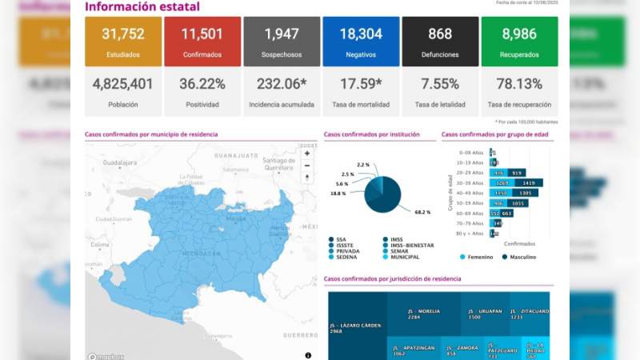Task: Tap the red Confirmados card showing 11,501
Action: tap(202, 41)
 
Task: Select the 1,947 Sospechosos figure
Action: tap(281, 34)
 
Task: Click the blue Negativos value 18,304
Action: tap(361, 34)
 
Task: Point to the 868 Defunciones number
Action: tap(440, 34)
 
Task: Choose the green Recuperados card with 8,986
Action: tap(519, 41)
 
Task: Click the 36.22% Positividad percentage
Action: tap(202, 84)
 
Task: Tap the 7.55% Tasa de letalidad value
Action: tap(440, 84)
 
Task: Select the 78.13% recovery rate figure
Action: tap(519, 84)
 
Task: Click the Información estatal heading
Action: tap(142, 7)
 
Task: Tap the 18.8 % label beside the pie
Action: tap(338, 194)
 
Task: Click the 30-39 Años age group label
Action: tap(470, 182)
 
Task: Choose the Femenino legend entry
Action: tap(478, 257)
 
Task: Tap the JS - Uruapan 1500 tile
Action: tap(485, 313)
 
